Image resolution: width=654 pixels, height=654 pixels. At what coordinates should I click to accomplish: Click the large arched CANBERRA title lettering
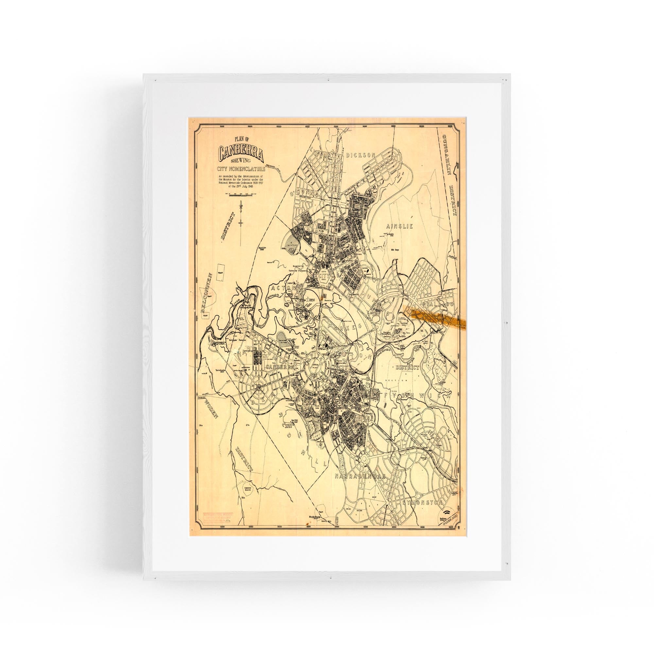coord(241,153)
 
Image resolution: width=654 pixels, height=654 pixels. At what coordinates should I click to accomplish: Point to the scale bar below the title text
coord(241,195)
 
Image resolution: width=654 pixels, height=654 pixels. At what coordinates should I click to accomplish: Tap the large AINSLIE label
coord(400,226)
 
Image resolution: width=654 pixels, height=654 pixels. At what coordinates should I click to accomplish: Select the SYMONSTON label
coord(422,503)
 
